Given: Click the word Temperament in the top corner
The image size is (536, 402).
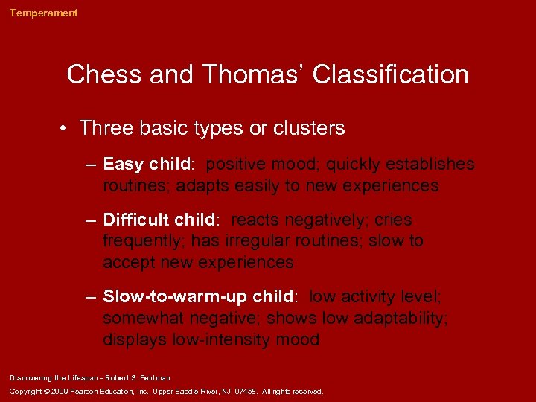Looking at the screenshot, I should tap(43, 13).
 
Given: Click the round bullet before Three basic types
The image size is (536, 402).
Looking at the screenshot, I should tap(66, 129).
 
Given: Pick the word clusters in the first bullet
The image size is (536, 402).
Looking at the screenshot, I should tap(307, 128).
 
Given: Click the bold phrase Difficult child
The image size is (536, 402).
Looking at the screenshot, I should tap(159, 220).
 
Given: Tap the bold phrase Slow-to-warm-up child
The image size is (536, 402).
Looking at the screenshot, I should tap(198, 296).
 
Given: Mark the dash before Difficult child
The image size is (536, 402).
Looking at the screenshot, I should tap(90, 221).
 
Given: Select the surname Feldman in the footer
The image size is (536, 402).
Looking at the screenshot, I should tap(153, 378).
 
